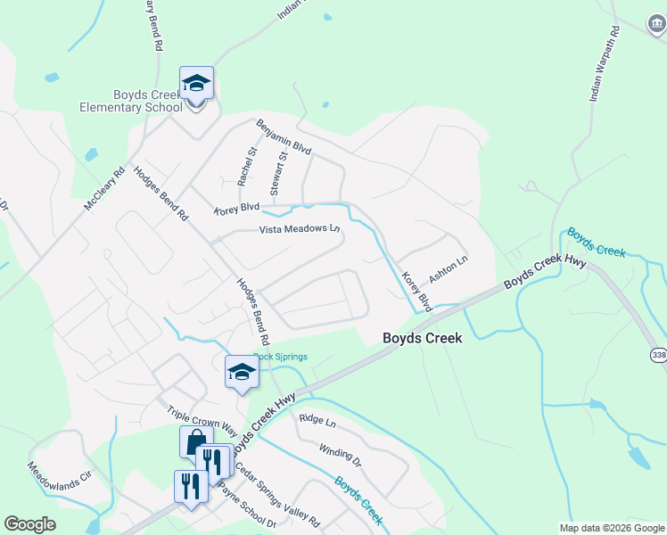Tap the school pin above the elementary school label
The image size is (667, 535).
(x=196, y=85)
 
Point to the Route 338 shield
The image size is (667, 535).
(x=658, y=355)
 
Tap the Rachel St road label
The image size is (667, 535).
(x=247, y=167)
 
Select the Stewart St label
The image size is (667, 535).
(x=278, y=174)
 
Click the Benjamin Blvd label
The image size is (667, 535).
(x=284, y=137)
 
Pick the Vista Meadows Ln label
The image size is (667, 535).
(x=300, y=229)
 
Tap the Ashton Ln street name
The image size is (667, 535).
(x=449, y=266)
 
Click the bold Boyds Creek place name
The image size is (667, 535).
(x=423, y=338)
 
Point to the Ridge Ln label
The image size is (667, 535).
(x=317, y=418)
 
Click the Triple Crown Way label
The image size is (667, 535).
(x=202, y=423)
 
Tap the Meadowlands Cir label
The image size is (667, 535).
(x=60, y=484)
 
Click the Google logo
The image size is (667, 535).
(x=29, y=524)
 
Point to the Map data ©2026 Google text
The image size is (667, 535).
(x=611, y=528)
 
